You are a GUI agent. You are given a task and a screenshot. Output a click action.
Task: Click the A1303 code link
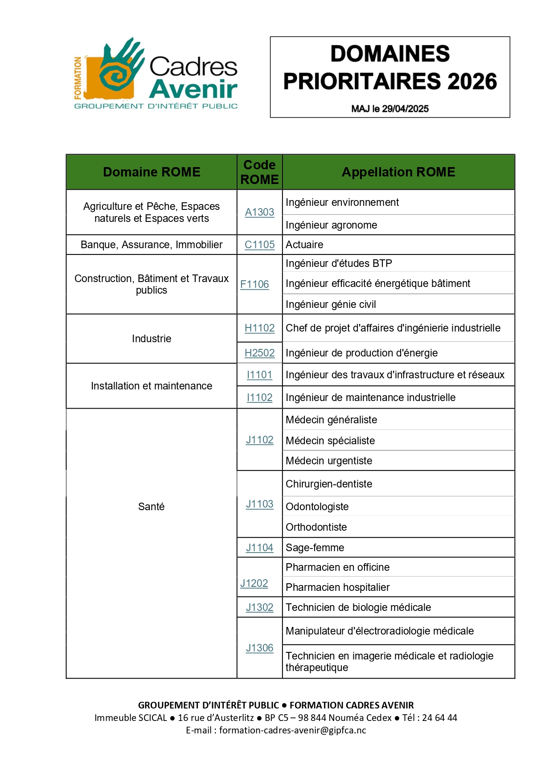[259, 212]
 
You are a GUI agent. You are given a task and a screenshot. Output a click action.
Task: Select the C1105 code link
[259, 245]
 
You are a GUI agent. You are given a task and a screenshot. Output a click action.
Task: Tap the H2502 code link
[259, 353]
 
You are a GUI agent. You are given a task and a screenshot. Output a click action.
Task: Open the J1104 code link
[259, 548]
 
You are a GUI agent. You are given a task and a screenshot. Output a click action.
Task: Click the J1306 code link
[259, 648]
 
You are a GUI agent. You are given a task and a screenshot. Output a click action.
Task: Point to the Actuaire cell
[304, 245]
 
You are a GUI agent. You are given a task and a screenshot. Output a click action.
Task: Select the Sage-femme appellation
[315, 548]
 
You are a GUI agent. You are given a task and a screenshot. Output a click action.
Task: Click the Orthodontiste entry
[316, 527]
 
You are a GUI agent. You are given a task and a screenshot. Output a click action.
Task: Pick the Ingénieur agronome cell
[331, 225]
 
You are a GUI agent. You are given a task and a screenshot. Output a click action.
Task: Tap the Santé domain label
[151, 507]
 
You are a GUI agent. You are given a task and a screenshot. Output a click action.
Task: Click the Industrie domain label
[151, 339]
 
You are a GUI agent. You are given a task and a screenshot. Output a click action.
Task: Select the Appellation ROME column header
[398, 172]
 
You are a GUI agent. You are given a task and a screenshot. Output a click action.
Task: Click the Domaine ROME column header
[151, 172]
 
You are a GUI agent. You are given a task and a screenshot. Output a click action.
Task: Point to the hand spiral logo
[118, 69]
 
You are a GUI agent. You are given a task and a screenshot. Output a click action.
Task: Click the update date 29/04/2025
[405, 109]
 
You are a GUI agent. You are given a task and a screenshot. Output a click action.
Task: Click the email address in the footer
[292, 730]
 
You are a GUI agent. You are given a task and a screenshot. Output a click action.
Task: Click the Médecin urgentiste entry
[329, 461]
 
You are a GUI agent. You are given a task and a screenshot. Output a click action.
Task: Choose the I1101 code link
[259, 375]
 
